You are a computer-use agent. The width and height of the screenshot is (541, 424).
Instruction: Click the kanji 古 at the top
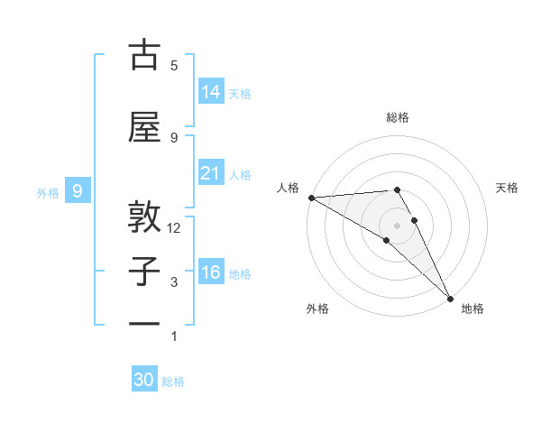(144, 56)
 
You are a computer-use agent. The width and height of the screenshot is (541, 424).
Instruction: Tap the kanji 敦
(144, 217)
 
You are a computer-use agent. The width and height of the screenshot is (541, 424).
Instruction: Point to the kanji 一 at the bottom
(144, 323)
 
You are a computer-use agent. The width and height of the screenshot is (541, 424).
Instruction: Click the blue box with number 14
(211, 91)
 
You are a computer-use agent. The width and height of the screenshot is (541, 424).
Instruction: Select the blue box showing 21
(211, 172)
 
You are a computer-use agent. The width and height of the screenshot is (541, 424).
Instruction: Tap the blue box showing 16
(211, 272)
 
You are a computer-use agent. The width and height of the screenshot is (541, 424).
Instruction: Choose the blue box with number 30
(144, 380)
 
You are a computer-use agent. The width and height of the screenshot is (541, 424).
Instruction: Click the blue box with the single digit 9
(78, 190)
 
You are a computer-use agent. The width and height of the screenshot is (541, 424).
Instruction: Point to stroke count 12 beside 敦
(174, 228)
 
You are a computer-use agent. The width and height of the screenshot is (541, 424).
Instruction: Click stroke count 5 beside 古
(174, 65)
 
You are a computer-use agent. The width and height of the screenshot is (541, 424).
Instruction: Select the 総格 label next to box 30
(174, 382)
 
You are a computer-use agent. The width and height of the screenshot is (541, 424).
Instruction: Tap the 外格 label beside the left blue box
(47, 192)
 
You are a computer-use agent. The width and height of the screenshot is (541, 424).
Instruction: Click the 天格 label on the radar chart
(508, 188)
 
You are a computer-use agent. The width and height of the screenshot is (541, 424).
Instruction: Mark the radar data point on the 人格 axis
(311, 198)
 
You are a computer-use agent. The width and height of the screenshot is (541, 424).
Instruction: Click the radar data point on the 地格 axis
(450, 299)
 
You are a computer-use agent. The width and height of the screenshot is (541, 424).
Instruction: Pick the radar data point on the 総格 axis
(397, 189)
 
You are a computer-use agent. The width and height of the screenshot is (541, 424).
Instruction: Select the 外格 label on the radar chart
(317, 309)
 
